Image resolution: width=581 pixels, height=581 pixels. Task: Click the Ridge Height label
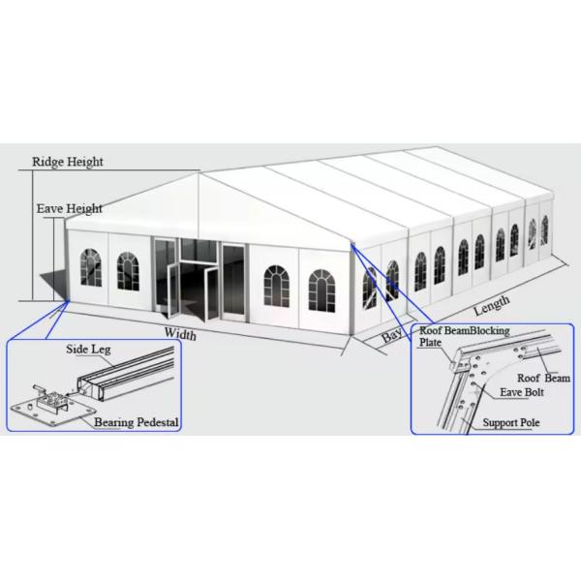pos(68,162)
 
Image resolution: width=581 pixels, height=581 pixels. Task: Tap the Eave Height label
pos(70,208)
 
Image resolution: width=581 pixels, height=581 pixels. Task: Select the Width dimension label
pos(180,333)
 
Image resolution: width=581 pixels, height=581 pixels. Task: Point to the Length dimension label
pos(491,305)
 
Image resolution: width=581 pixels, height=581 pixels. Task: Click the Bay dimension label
pos(391,336)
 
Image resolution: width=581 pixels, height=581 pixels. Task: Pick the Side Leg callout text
pos(88,349)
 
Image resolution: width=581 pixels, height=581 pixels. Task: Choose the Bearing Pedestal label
pos(136,422)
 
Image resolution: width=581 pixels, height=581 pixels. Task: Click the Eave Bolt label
pos(522,392)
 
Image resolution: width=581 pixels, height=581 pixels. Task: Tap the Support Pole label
pos(511,422)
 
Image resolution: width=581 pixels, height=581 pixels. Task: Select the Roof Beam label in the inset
pos(543,378)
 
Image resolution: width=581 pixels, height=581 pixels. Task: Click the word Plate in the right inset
pos(430,342)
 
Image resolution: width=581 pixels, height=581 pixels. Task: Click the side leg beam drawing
pos(126,374)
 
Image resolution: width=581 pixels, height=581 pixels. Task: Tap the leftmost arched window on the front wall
pos(91,267)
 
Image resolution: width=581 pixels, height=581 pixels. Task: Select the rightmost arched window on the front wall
pos(321,290)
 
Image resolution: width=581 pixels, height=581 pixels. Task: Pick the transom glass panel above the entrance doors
pos(199,251)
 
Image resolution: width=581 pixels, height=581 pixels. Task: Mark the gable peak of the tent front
pos(199,173)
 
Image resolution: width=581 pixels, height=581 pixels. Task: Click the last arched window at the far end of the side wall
pos(544,230)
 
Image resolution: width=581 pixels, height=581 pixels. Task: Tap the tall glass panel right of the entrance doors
pos(233,281)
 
